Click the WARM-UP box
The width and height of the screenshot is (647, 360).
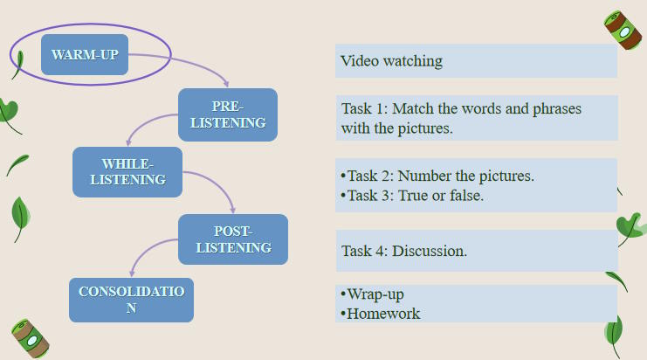[85, 55]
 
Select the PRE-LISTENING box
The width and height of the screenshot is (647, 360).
[227, 114]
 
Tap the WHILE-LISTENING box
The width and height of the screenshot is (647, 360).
[127, 171]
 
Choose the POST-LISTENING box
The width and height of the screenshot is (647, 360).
[233, 239]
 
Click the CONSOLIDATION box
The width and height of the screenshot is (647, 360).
[131, 300]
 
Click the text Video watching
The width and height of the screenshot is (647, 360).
[391, 61]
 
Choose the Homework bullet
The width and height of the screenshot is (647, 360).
[382, 313]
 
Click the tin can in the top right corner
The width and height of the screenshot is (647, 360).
[623, 31]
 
